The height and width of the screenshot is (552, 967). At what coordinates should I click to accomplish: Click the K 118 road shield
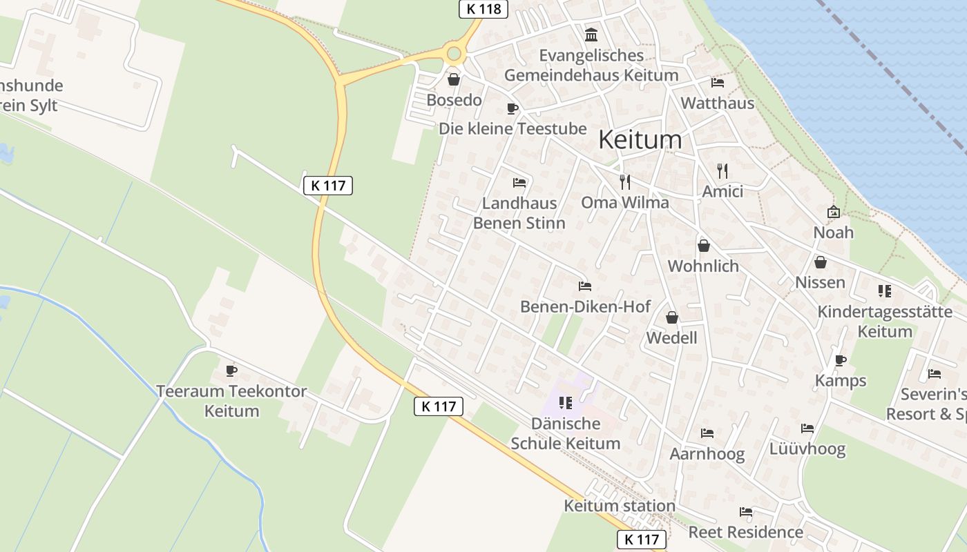coord(483,9)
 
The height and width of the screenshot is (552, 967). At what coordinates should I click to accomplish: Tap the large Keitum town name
coord(640,139)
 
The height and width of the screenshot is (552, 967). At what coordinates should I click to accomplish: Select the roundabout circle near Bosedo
coord(454,53)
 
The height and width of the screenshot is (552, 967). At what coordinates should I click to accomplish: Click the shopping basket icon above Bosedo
coord(454,80)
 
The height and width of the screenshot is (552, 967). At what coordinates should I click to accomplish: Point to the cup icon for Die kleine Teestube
coord(512,108)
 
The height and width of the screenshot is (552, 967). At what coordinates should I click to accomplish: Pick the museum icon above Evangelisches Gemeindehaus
coord(591,34)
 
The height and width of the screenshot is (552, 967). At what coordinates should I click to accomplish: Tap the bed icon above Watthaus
coord(718,83)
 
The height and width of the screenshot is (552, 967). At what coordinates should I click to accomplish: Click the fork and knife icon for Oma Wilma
coord(625,182)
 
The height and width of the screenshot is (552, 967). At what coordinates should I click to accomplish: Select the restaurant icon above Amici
coord(722,171)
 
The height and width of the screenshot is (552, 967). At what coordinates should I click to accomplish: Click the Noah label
coord(833,233)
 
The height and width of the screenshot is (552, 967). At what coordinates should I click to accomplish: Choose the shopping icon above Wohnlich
coord(703,246)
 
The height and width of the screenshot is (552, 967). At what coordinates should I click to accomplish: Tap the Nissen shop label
coord(820,282)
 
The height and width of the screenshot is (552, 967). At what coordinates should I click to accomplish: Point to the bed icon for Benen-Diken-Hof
coord(585,286)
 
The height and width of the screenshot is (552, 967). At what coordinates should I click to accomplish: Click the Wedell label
coord(671,337)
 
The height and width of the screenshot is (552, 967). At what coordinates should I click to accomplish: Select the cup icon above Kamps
coord(841,360)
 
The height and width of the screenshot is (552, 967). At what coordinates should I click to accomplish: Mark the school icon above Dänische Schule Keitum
coord(566,402)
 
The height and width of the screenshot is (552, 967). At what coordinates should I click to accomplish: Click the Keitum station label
coord(620,506)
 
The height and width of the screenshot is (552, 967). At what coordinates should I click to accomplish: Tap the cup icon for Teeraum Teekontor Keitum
coord(231,371)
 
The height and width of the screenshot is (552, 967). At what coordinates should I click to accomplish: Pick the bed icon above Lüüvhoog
coord(807,428)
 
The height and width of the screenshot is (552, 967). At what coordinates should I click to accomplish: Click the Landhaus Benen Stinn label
coord(519,213)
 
